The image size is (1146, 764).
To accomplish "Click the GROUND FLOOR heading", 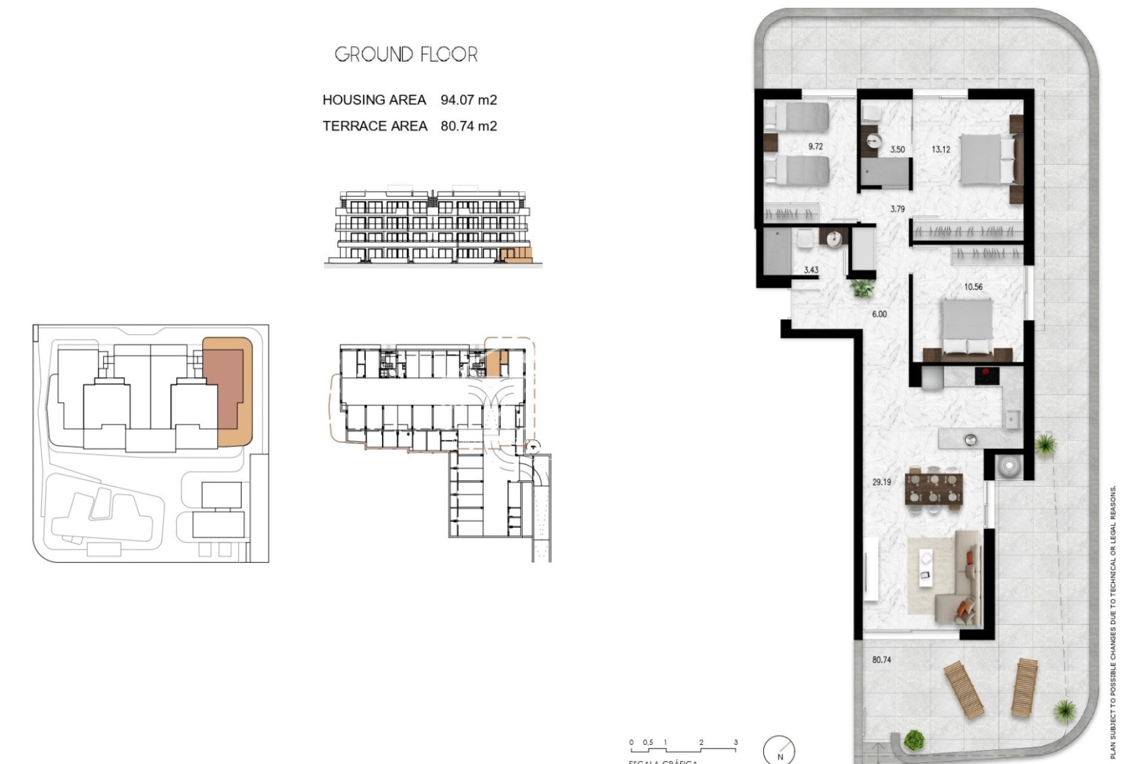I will [x=406, y=55].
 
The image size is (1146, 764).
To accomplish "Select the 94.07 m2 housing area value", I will [x=469, y=100].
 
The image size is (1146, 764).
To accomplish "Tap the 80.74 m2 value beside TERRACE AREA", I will [x=469, y=126].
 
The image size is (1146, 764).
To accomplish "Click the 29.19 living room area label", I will [x=881, y=482].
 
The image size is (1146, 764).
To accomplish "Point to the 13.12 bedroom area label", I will [x=941, y=150].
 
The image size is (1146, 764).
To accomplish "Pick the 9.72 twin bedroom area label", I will [x=815, y=146].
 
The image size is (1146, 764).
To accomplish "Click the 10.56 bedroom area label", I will [x=973, y=287].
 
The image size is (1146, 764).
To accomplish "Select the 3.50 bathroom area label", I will [x=897, y=150].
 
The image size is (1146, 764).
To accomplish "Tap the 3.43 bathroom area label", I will [x=811, y=270].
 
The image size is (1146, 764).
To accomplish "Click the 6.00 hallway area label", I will [x=879, y=314].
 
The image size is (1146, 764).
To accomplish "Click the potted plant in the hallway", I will [x=862, y=289].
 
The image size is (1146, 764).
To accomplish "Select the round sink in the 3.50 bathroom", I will [x=874, y=141].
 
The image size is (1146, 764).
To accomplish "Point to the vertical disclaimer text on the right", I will [x=1113, y=621].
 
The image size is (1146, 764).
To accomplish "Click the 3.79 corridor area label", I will [x=897, y=210].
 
